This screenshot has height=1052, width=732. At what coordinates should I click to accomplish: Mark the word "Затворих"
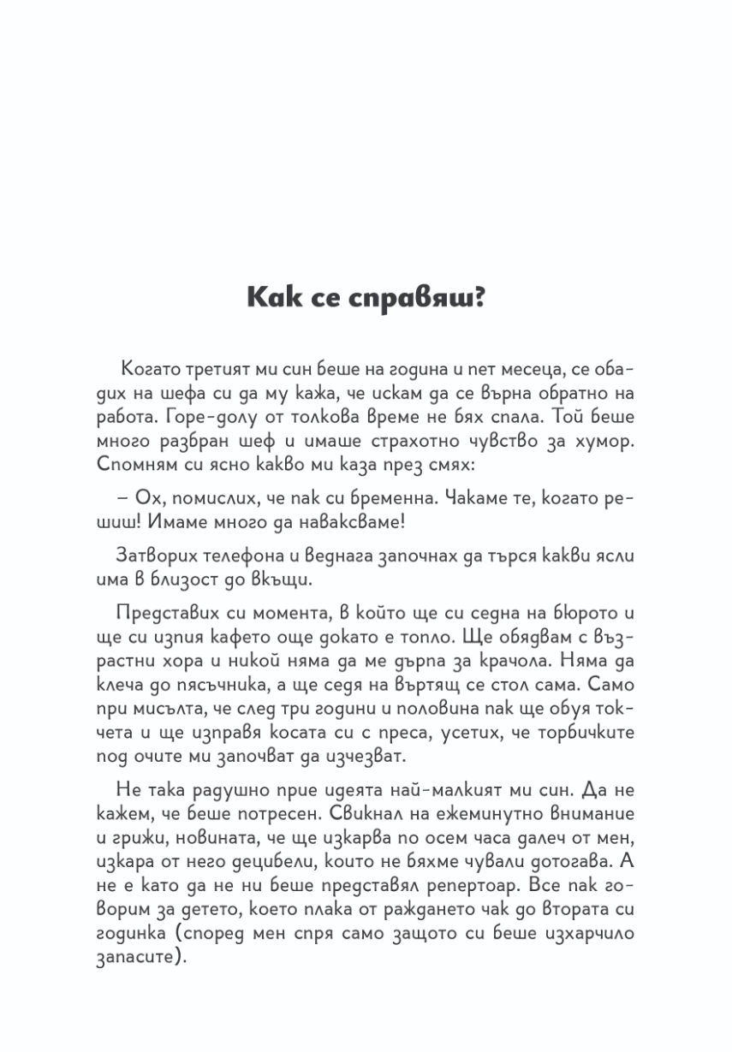coord(151,556)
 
